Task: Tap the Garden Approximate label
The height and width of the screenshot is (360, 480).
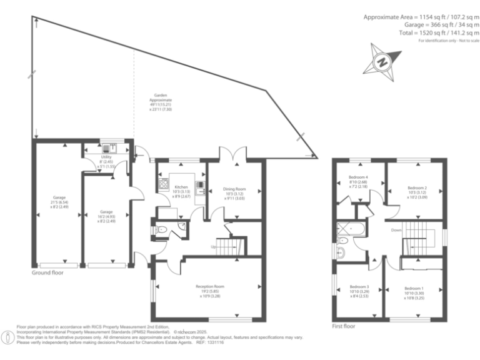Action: coord(161,102)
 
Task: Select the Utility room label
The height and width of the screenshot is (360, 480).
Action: coord(106,161)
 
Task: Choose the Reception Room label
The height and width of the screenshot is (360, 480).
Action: coord(209,291)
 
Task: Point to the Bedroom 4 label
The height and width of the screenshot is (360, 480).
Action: coord(358,181)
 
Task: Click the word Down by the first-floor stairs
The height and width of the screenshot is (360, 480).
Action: coord(396,230)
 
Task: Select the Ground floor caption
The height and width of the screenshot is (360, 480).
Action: coord(47,273)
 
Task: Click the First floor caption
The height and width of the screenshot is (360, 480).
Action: coord(344,326)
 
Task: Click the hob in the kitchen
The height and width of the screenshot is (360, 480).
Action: coord(164,184)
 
